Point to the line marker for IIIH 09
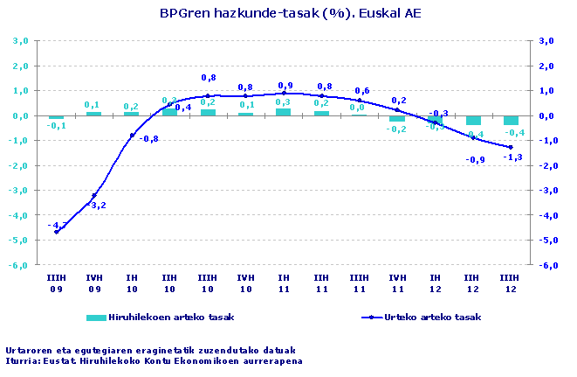tap(57, 232)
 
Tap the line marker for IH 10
tap(132, 136)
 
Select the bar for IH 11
tap(284, 112)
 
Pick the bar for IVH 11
tap(397, 118)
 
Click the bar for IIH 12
tap(473, 121)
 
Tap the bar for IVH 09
tap(94, 114)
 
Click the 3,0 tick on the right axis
tap(547, 41)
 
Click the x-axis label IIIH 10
tap(208, 282)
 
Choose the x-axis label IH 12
tap(435, 282)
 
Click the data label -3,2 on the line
tap(96, 206)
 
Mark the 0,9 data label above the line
tap(285, 86)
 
